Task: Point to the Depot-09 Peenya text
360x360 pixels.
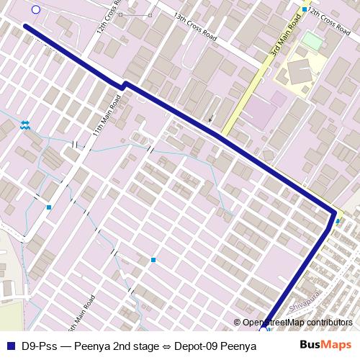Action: coord(215,346)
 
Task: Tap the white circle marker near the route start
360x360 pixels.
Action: coord(36,9)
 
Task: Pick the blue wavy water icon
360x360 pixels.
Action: coord(25,125)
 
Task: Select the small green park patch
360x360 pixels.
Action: coord(312,40)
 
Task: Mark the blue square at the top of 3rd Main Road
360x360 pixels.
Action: coord(305,9)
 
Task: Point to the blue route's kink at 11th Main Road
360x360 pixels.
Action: coord(123,85)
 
